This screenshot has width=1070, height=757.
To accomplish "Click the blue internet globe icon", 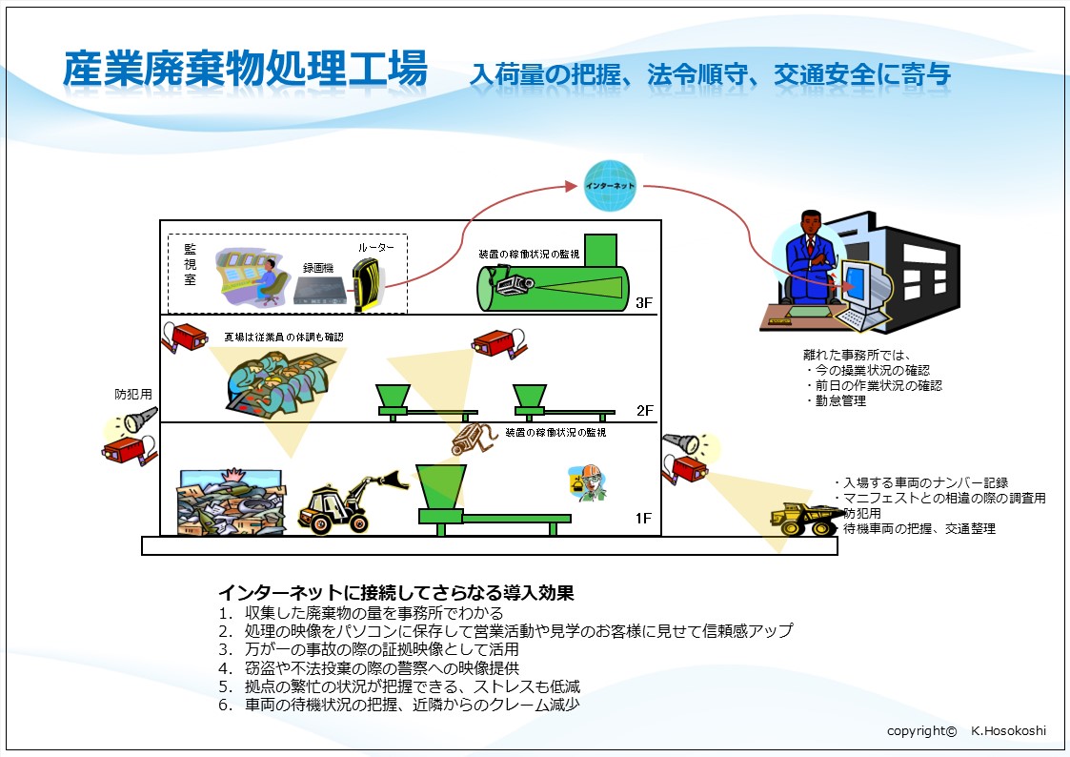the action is tap(610, 186).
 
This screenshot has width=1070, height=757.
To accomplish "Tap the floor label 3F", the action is tap(643, 303).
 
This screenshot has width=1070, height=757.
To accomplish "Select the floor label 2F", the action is tap(644, 410).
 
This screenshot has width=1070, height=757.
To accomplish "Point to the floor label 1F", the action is tap(643, 518).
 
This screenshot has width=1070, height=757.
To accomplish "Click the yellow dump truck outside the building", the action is tap(805, 519).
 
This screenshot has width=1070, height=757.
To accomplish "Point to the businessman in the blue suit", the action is tap(810, 258).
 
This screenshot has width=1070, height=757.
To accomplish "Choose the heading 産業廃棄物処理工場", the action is tap(245, 70).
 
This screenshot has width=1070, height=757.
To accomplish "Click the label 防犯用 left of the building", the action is tap(133, 394).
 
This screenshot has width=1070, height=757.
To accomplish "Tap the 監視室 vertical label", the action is tap(190, 265).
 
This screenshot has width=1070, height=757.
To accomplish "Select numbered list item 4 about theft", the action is tap(369, 667).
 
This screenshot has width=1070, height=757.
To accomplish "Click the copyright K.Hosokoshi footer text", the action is tap(966, 730).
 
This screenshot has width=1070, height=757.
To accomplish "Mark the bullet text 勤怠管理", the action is tap(840, 401).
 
